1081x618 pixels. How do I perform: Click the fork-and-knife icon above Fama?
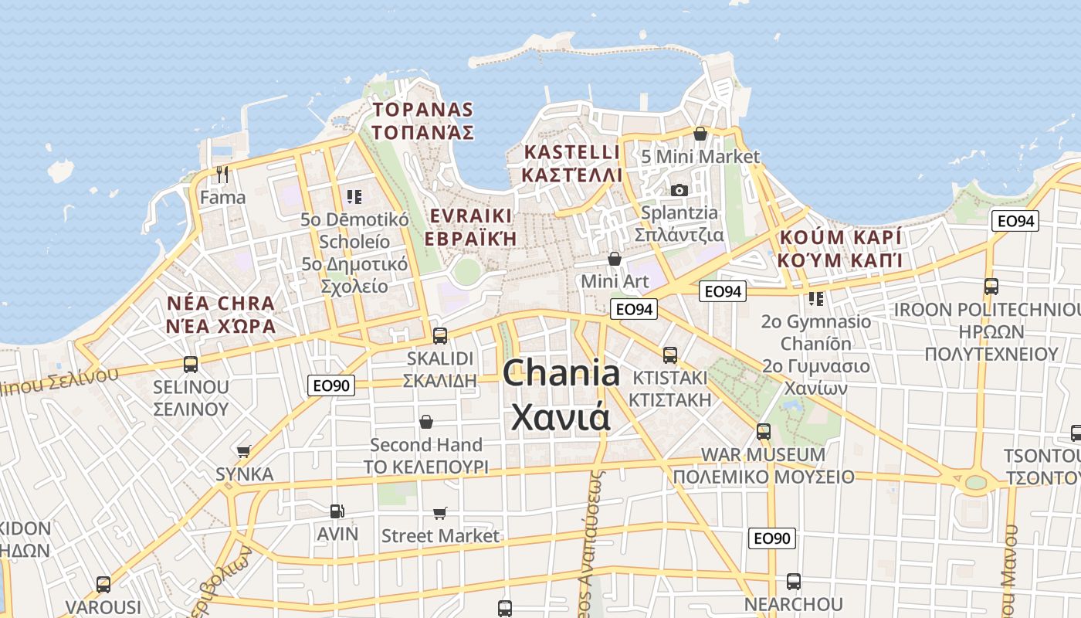click(223, 175)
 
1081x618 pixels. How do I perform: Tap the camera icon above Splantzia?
click(679, 190)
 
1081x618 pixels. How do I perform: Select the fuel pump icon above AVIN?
click(337, 511)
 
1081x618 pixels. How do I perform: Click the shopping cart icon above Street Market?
click(440, 513)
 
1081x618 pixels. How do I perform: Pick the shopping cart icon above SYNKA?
click(244, 451)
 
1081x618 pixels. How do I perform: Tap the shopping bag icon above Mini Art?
click(615, 259)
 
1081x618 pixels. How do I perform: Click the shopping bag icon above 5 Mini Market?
click(700, 134)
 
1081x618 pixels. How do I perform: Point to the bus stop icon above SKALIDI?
click(440, 336)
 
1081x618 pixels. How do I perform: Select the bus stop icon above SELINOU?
click(191, 364)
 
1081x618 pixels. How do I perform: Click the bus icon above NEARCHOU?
click(793, 582)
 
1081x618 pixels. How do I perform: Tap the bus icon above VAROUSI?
click(103, 585)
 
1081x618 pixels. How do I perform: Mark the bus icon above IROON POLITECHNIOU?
click(991, 287)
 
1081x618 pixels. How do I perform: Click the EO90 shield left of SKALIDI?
click(331, 385)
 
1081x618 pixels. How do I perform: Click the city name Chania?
click(561, 375)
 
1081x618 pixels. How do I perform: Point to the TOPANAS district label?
click(422, 109)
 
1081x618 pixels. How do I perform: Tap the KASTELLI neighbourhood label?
click(571, 151)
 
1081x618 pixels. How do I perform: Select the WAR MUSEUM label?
click(762, 454)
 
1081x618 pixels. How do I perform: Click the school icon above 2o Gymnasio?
click(815, 298)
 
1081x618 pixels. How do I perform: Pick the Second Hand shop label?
click(426, 445)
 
